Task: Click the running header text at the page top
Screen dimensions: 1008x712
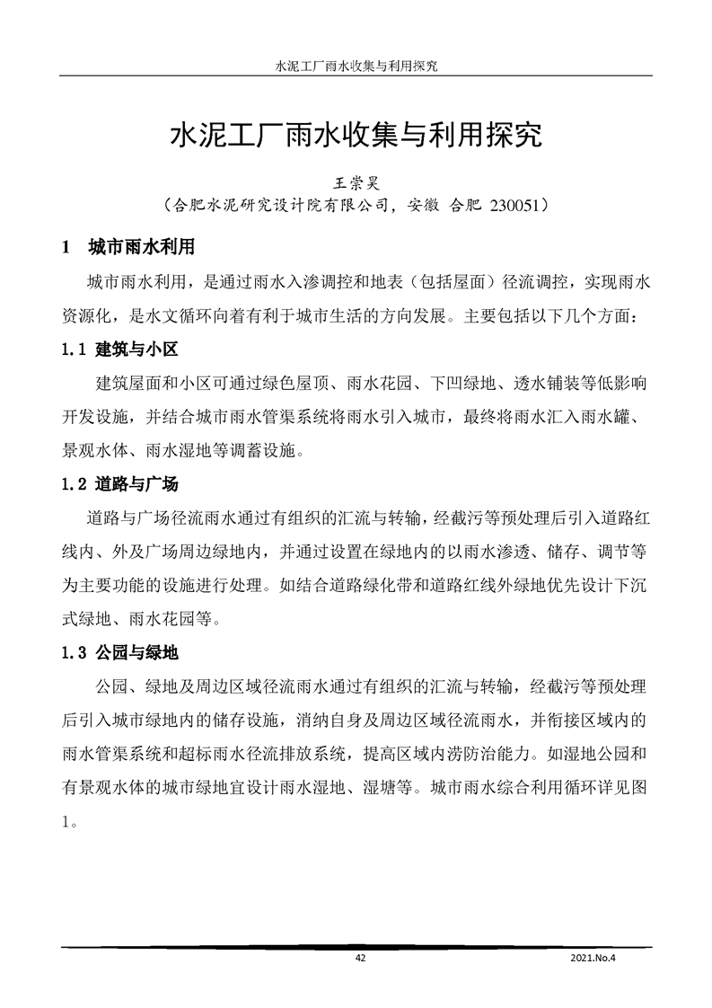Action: (x=356, y=66)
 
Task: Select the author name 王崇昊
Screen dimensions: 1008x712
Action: (x=356, y=181)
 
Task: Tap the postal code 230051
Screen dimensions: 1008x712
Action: (x=514, y=206)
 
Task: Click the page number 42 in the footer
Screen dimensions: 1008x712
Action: (x=360, y=959)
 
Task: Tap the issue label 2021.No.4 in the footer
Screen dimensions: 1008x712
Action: (x=595, y=959)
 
